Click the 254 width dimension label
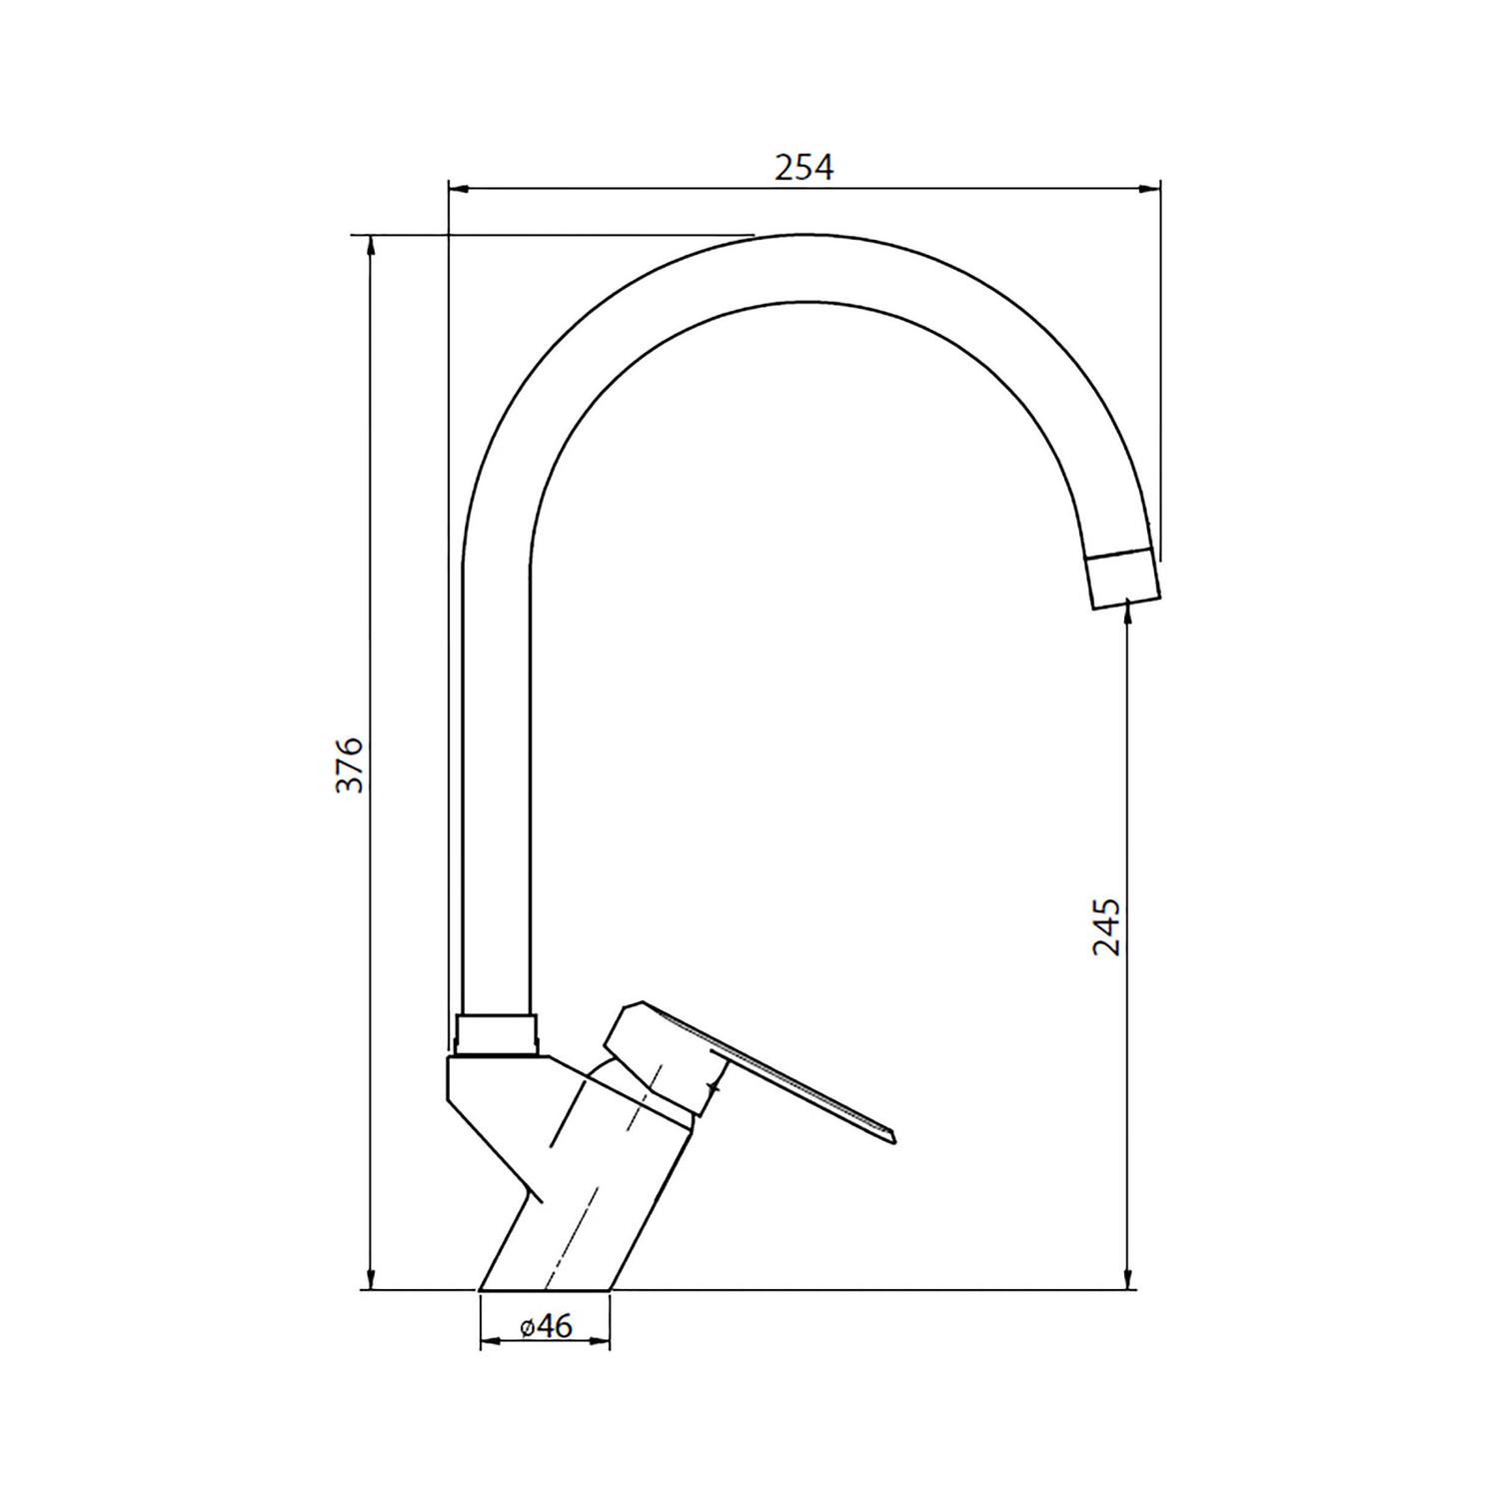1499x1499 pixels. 803,167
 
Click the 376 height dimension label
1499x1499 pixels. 349,765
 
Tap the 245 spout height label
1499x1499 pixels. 1106,926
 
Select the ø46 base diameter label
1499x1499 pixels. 546,1326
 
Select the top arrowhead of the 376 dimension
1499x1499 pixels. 372,246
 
